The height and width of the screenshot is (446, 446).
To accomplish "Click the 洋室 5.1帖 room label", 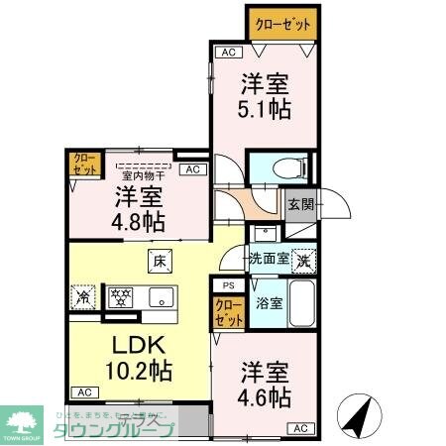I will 266,96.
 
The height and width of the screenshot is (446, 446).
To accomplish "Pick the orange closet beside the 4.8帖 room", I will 81,165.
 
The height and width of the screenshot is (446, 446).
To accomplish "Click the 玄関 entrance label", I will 300,205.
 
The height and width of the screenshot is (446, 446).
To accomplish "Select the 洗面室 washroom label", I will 268,258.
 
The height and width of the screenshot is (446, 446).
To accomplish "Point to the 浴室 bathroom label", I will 269,304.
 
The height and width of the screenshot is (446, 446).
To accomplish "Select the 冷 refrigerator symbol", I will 84,295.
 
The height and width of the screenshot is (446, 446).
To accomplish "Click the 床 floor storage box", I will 159,263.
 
